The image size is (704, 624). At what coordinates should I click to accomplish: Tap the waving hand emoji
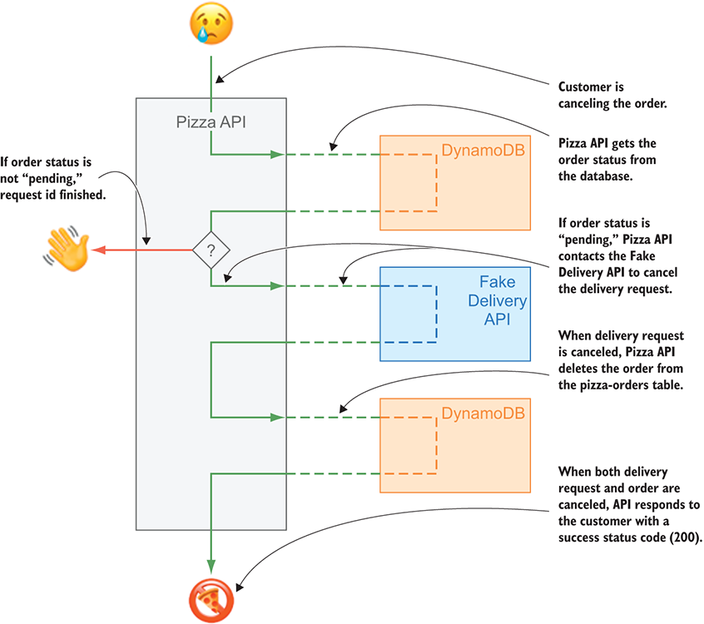click(x=62, y=247)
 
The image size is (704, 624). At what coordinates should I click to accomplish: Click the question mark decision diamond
click(x=211, y=249)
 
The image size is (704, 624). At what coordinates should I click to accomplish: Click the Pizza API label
click(x=211, y=122)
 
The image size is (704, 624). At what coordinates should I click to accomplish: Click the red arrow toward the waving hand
click(x=141, y=249)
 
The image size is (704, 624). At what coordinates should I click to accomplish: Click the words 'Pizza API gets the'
click(x=607, y=142)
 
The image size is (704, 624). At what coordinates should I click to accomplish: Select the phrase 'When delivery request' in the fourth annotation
click(x=620, y=335)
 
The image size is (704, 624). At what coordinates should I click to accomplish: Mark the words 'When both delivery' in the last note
click(x=613, y=472)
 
